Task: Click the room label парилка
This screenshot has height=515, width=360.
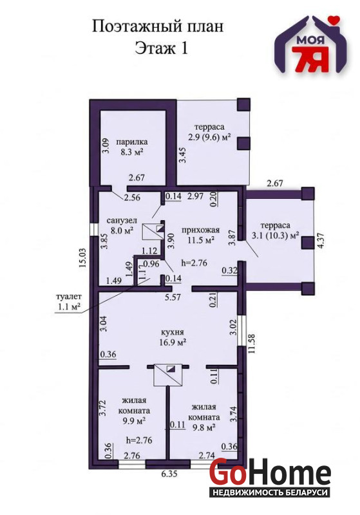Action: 132,142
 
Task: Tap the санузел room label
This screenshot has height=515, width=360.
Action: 122,220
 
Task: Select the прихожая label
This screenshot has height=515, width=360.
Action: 201,230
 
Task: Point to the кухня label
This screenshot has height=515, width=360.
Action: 173,332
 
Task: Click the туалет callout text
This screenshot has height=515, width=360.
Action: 69,296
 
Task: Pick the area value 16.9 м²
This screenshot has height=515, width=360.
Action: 173,342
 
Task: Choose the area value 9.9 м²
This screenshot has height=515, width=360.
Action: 134,421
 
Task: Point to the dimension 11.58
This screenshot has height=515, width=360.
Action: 252,343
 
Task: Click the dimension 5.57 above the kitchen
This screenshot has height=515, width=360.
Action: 173,297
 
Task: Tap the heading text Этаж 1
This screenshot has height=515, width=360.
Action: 161,48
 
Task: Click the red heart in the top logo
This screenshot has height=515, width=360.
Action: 334,21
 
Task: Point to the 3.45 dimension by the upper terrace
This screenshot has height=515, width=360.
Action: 182,155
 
